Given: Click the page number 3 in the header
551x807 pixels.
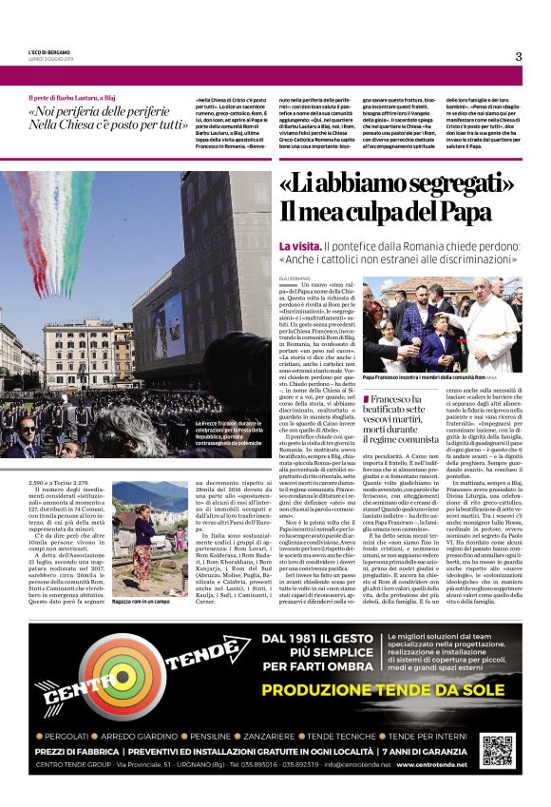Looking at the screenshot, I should click(519, 56).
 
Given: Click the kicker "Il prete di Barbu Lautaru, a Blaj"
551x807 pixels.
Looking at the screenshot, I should click(77, 98).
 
